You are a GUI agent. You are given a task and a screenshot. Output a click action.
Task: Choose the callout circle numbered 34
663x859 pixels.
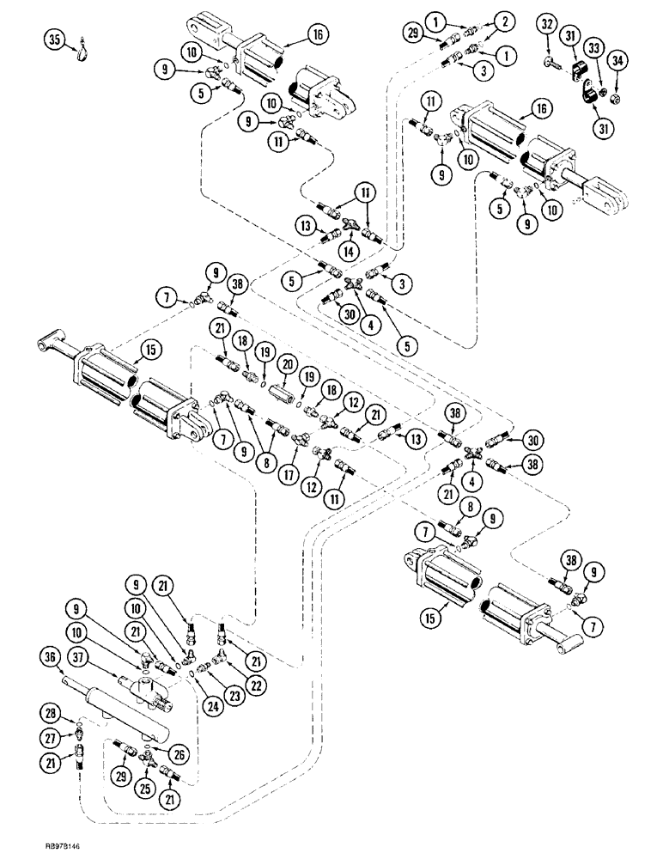[616, 61]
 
